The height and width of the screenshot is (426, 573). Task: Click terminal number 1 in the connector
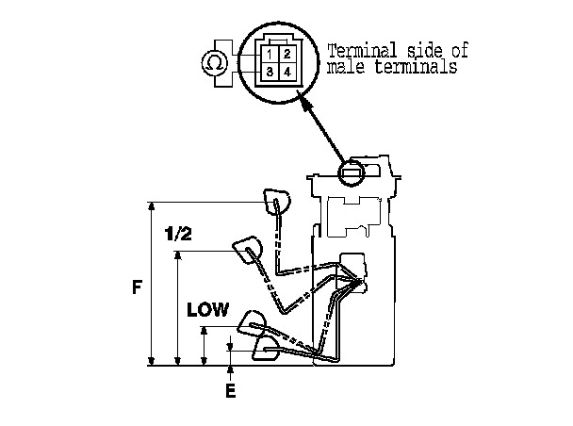pyautogui.click(x=270, y=55)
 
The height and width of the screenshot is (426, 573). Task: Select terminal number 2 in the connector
pyautogui.click(x=287, y=55)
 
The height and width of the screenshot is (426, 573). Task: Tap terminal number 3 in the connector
pyautogui.click(x=270, y=72)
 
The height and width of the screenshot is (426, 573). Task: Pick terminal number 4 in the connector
pyautogui.click(x=287, y=72)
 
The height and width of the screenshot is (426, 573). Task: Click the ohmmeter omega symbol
pyautogui.click(x=214, y=63)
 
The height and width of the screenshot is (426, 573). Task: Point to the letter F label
pyautogui.click(x=137, y=287)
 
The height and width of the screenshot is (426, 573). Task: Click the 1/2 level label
pyautogui.click(x=178, y=234)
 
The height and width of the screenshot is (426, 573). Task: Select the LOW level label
pyautogui.click(x=207, y=310)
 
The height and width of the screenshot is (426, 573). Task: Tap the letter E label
pyautogui.click(x=231, y=391)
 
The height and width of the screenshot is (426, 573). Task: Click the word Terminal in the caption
pyautogui.click(x=361, y=51)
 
